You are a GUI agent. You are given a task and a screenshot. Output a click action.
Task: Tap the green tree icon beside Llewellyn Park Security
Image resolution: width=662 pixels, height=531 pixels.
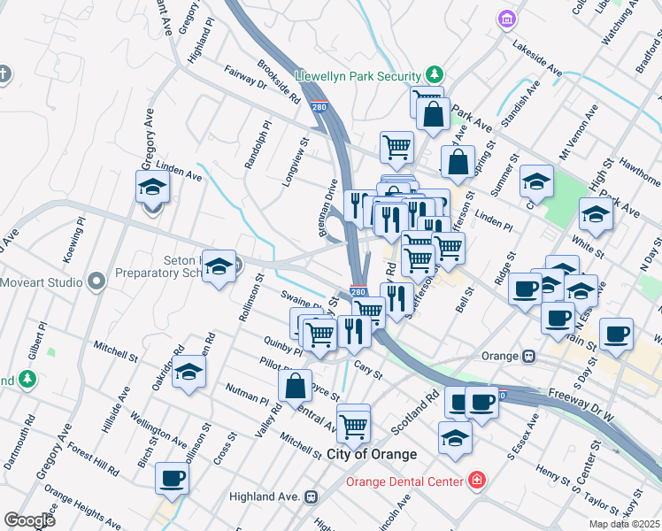434,73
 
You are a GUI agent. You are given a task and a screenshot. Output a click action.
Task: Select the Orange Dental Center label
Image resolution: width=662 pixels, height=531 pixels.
404,481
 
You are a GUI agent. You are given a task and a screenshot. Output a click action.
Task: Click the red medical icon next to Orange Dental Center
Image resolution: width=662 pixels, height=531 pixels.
477,481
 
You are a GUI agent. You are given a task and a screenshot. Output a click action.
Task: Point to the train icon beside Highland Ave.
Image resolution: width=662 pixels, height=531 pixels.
311,497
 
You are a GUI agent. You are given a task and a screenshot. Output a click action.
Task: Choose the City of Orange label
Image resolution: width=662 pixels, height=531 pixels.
371,454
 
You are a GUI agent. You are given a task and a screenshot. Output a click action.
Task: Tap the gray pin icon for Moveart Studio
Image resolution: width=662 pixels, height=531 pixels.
97,281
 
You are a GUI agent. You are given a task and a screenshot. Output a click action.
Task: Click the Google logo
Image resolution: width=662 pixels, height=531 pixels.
29,519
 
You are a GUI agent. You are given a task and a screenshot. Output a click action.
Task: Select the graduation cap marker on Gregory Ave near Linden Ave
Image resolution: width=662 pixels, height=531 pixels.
152,189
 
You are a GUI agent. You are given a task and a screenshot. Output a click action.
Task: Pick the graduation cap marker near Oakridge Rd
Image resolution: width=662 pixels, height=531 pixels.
189,373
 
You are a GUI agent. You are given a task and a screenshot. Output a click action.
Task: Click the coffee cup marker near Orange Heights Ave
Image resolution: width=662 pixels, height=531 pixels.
172,479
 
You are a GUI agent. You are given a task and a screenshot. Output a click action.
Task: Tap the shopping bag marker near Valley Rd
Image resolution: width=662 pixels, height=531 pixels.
295,386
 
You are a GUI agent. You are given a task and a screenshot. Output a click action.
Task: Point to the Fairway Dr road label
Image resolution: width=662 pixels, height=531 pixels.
245,78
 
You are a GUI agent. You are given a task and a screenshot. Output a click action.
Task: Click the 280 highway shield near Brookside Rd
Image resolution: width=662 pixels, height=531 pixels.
319,107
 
